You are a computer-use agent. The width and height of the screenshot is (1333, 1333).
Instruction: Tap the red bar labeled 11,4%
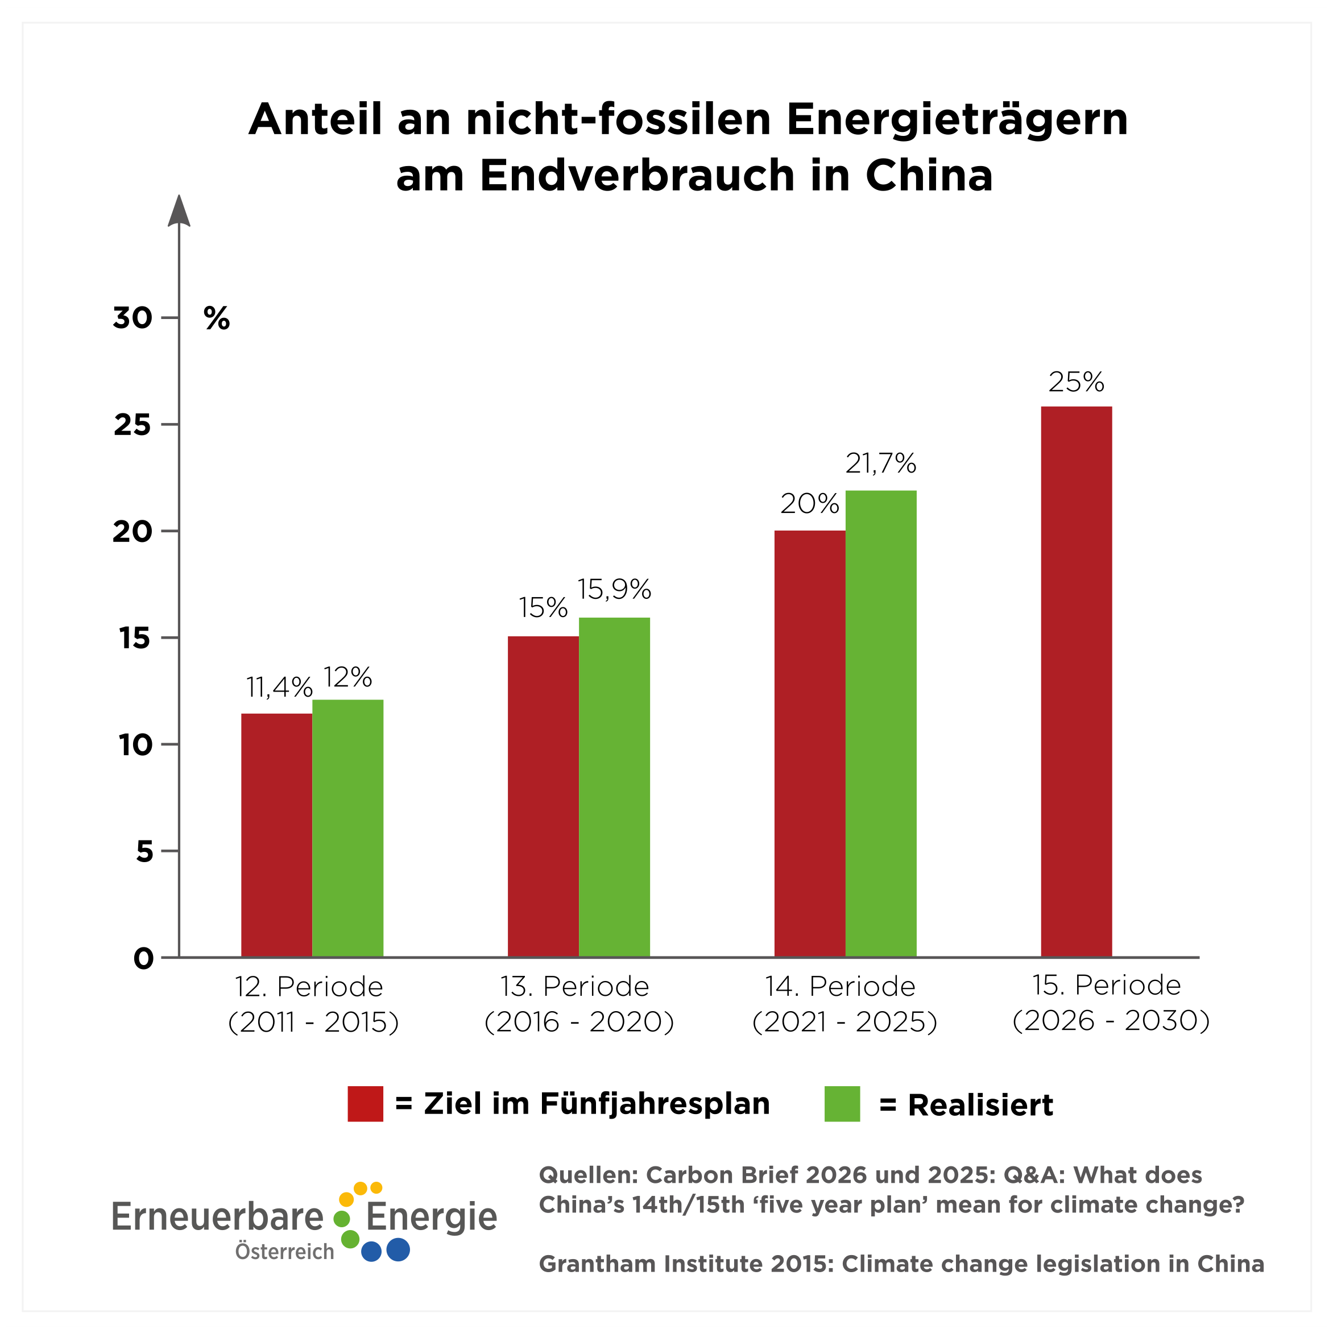[276, 835]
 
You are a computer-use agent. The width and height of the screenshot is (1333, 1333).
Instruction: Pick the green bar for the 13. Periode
[614, 786]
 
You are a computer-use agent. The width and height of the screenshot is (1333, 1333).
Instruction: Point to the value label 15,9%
[614, 589]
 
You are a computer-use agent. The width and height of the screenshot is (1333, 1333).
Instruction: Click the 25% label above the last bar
[1075, 382]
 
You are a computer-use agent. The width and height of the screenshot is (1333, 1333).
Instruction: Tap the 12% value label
[347, 677]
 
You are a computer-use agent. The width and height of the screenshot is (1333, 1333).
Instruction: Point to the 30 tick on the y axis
[133, 318]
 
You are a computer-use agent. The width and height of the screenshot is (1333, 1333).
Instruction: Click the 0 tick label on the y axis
[143, 958]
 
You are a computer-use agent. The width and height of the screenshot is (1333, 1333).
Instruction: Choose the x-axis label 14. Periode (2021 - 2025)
[844, 1004]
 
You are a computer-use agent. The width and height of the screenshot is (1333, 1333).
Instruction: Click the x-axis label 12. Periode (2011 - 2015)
[313, 1004]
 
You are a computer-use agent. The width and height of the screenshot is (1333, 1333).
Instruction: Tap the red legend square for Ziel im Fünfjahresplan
[365, 1104]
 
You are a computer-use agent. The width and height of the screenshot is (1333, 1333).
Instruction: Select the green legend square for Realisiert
[842, 1104]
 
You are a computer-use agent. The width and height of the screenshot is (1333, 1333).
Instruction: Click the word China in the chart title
[929, 175]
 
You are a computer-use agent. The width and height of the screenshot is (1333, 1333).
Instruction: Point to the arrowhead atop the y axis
[179, 211]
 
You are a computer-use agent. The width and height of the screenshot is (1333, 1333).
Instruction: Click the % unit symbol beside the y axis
[217, 319]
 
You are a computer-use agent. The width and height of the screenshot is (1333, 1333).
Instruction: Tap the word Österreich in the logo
[284, 1251]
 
